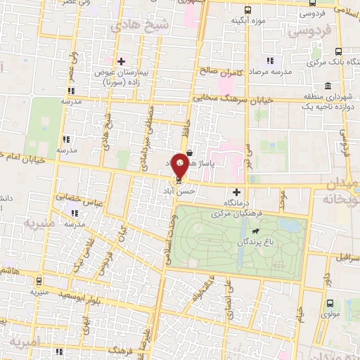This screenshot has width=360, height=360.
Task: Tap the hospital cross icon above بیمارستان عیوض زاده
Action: click(x=122, y=61)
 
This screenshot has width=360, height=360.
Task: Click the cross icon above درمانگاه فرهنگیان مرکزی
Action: click(x=236, y=192)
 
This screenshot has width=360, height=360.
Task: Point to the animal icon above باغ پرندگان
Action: click(x=251, y=231)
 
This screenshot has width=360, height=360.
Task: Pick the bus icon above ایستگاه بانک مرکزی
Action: click(x=338, y=51)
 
